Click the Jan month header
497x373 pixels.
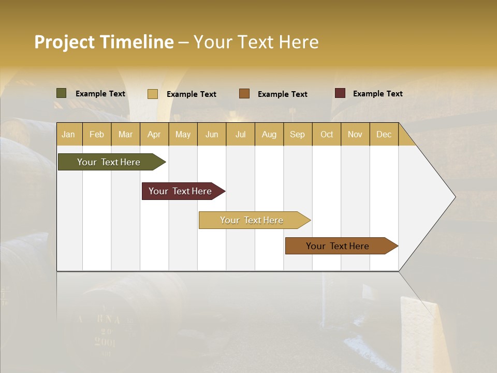[x=69, y=134]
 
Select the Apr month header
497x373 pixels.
[x=154, y=134]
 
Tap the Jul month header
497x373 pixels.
[x=240, y=134]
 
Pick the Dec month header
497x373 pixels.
[x=384, y=134]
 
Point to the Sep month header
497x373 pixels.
[x=297, y=134]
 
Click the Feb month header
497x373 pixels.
[x=97, y=134]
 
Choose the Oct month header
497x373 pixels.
[x=327, y=134]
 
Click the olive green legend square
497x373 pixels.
[x=62, y=93]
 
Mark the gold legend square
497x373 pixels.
[x=153, y=94]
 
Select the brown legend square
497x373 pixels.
[x=244, y=94]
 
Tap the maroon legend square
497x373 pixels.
[x=340, y=93]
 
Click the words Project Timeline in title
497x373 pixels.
[x=104, y=42]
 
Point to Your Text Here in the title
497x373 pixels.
[x=256, y=42]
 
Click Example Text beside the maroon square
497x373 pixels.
[x=377, y=94]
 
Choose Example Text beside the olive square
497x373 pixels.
[x=100, y=94]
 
